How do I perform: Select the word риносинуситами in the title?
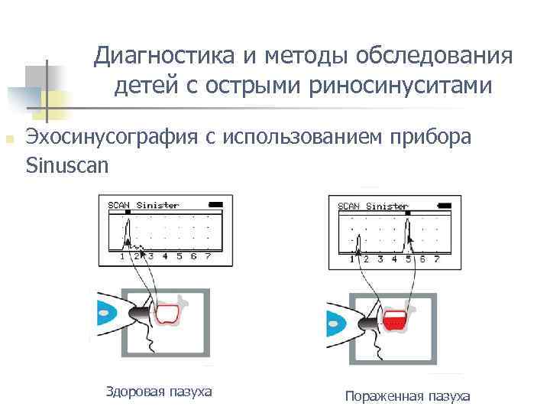[x=400, y=87]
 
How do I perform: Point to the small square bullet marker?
[x=9, y=139]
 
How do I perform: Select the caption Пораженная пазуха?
[x=407, y=395]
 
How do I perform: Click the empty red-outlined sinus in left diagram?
[x=167, y=314]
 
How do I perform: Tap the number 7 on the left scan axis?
[x=208, y=256]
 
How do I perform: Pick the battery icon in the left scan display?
[x=216, y=205]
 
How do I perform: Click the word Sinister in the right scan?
[x=387, y=206]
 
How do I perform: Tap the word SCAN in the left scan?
[x=118, y=205]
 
